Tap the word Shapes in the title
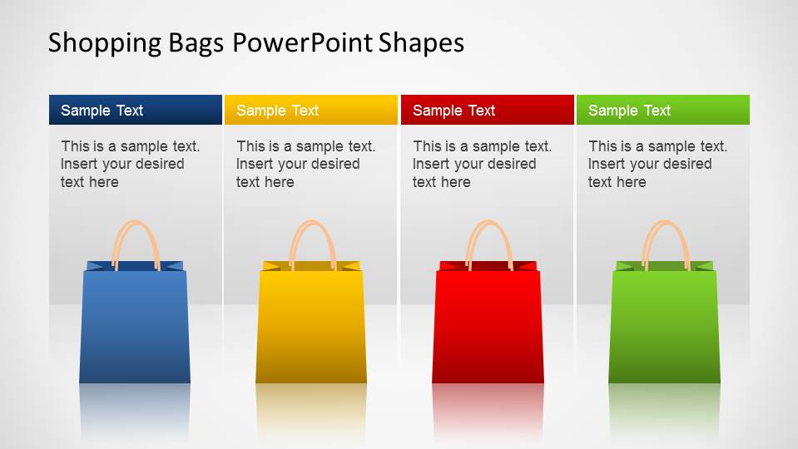pyautogui.click(x=421, y=42)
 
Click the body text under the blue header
pyautogui.click(x=130, y=164)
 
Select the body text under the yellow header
pyautogui.click(x=305, y=164)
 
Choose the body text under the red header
pyautogui.click(x=482, y=164)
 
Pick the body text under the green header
pyautogui.click(x=657, y=164)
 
